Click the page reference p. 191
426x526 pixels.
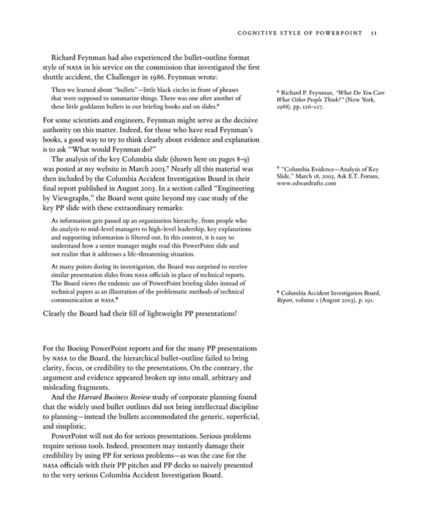click(x=365, y=300)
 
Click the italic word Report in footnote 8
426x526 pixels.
click(x=286, y=300)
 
